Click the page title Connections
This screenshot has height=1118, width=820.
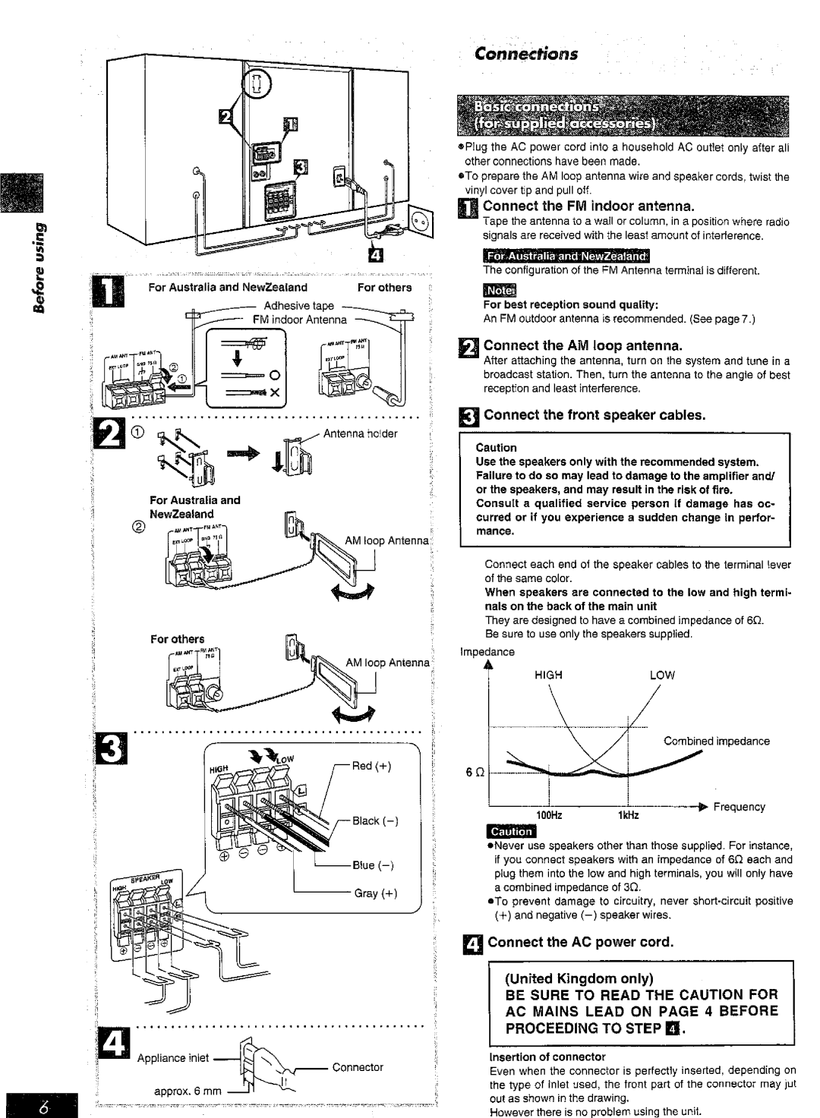(525, 54)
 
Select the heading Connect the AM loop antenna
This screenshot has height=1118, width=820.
(584, 346)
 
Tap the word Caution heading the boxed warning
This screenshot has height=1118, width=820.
(496, 447)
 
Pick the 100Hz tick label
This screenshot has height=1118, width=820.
(551, 814)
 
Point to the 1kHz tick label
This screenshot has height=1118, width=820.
(626, 814)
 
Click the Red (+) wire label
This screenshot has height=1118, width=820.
(371, 765)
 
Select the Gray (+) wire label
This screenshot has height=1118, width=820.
(371, 893)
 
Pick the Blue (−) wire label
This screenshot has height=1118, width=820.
(369, 864)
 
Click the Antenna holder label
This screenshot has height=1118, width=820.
(356, 433)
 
